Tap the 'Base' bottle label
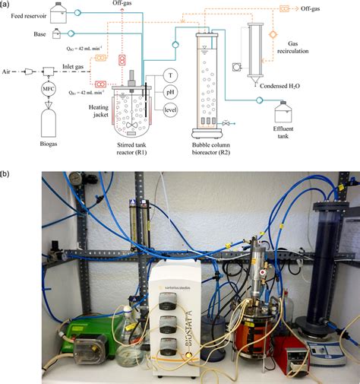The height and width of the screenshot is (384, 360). point(39,34)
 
